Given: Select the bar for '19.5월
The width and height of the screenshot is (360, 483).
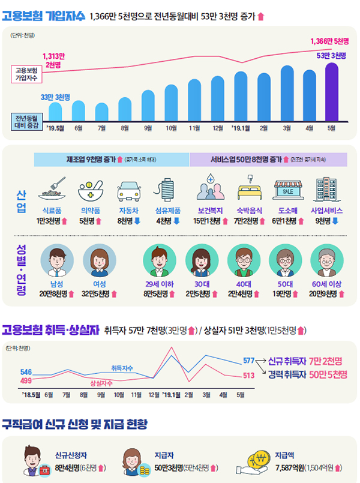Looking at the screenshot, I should pos(55,111).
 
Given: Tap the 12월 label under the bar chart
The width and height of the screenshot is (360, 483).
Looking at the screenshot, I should pos(218,127).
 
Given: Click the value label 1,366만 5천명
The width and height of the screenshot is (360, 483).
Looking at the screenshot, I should pos(329,41).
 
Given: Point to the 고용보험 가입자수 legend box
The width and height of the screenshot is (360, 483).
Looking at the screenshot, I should pos(26,73).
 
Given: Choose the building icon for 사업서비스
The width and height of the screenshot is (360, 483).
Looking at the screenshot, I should pos(326,190).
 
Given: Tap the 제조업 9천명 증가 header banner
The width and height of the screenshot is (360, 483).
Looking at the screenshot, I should pos(112,160).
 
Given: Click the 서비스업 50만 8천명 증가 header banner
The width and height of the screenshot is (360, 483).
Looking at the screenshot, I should pos(268,160).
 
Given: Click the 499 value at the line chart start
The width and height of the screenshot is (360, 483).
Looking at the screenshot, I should pos(26,380).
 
